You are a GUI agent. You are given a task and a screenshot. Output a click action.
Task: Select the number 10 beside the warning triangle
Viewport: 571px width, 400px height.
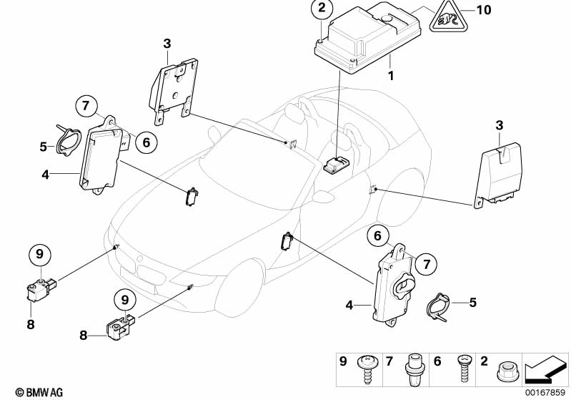click(484, 10)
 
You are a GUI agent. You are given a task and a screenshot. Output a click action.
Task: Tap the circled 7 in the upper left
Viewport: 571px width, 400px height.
click(86, 107)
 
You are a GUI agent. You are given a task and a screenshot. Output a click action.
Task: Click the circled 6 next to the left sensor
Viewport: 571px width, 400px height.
click(145, 142)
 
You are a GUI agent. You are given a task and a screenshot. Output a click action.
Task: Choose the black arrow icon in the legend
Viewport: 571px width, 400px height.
click(545, 369)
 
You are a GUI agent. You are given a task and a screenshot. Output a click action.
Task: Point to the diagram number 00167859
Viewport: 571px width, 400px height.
click(547, 392)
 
